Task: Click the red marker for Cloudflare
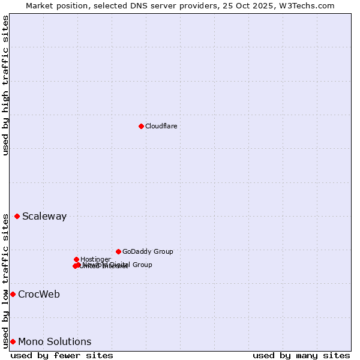(x=141, y=126)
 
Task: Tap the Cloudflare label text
(x=161, y=126)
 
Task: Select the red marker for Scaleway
(x=17, y=216)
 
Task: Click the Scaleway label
(x=44, y=217)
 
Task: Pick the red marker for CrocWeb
(x=13, y=294)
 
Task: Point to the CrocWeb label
(x=39, y=295)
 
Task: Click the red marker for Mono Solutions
(x=13, y=341)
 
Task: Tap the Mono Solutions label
(x=55, y=342)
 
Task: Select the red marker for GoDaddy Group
(x=118, y=251)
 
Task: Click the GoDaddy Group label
(x=148, y=251)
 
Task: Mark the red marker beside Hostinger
(x=76, y=259)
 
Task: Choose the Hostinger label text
(x=95, y=259)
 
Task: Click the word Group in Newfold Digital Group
(x=142, y=265)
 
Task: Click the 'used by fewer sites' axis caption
(x=62, y=355)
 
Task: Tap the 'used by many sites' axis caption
(x=301, y=355)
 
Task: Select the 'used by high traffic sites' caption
(x=6, y=85)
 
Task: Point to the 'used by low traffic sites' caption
(x=6, y=281)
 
